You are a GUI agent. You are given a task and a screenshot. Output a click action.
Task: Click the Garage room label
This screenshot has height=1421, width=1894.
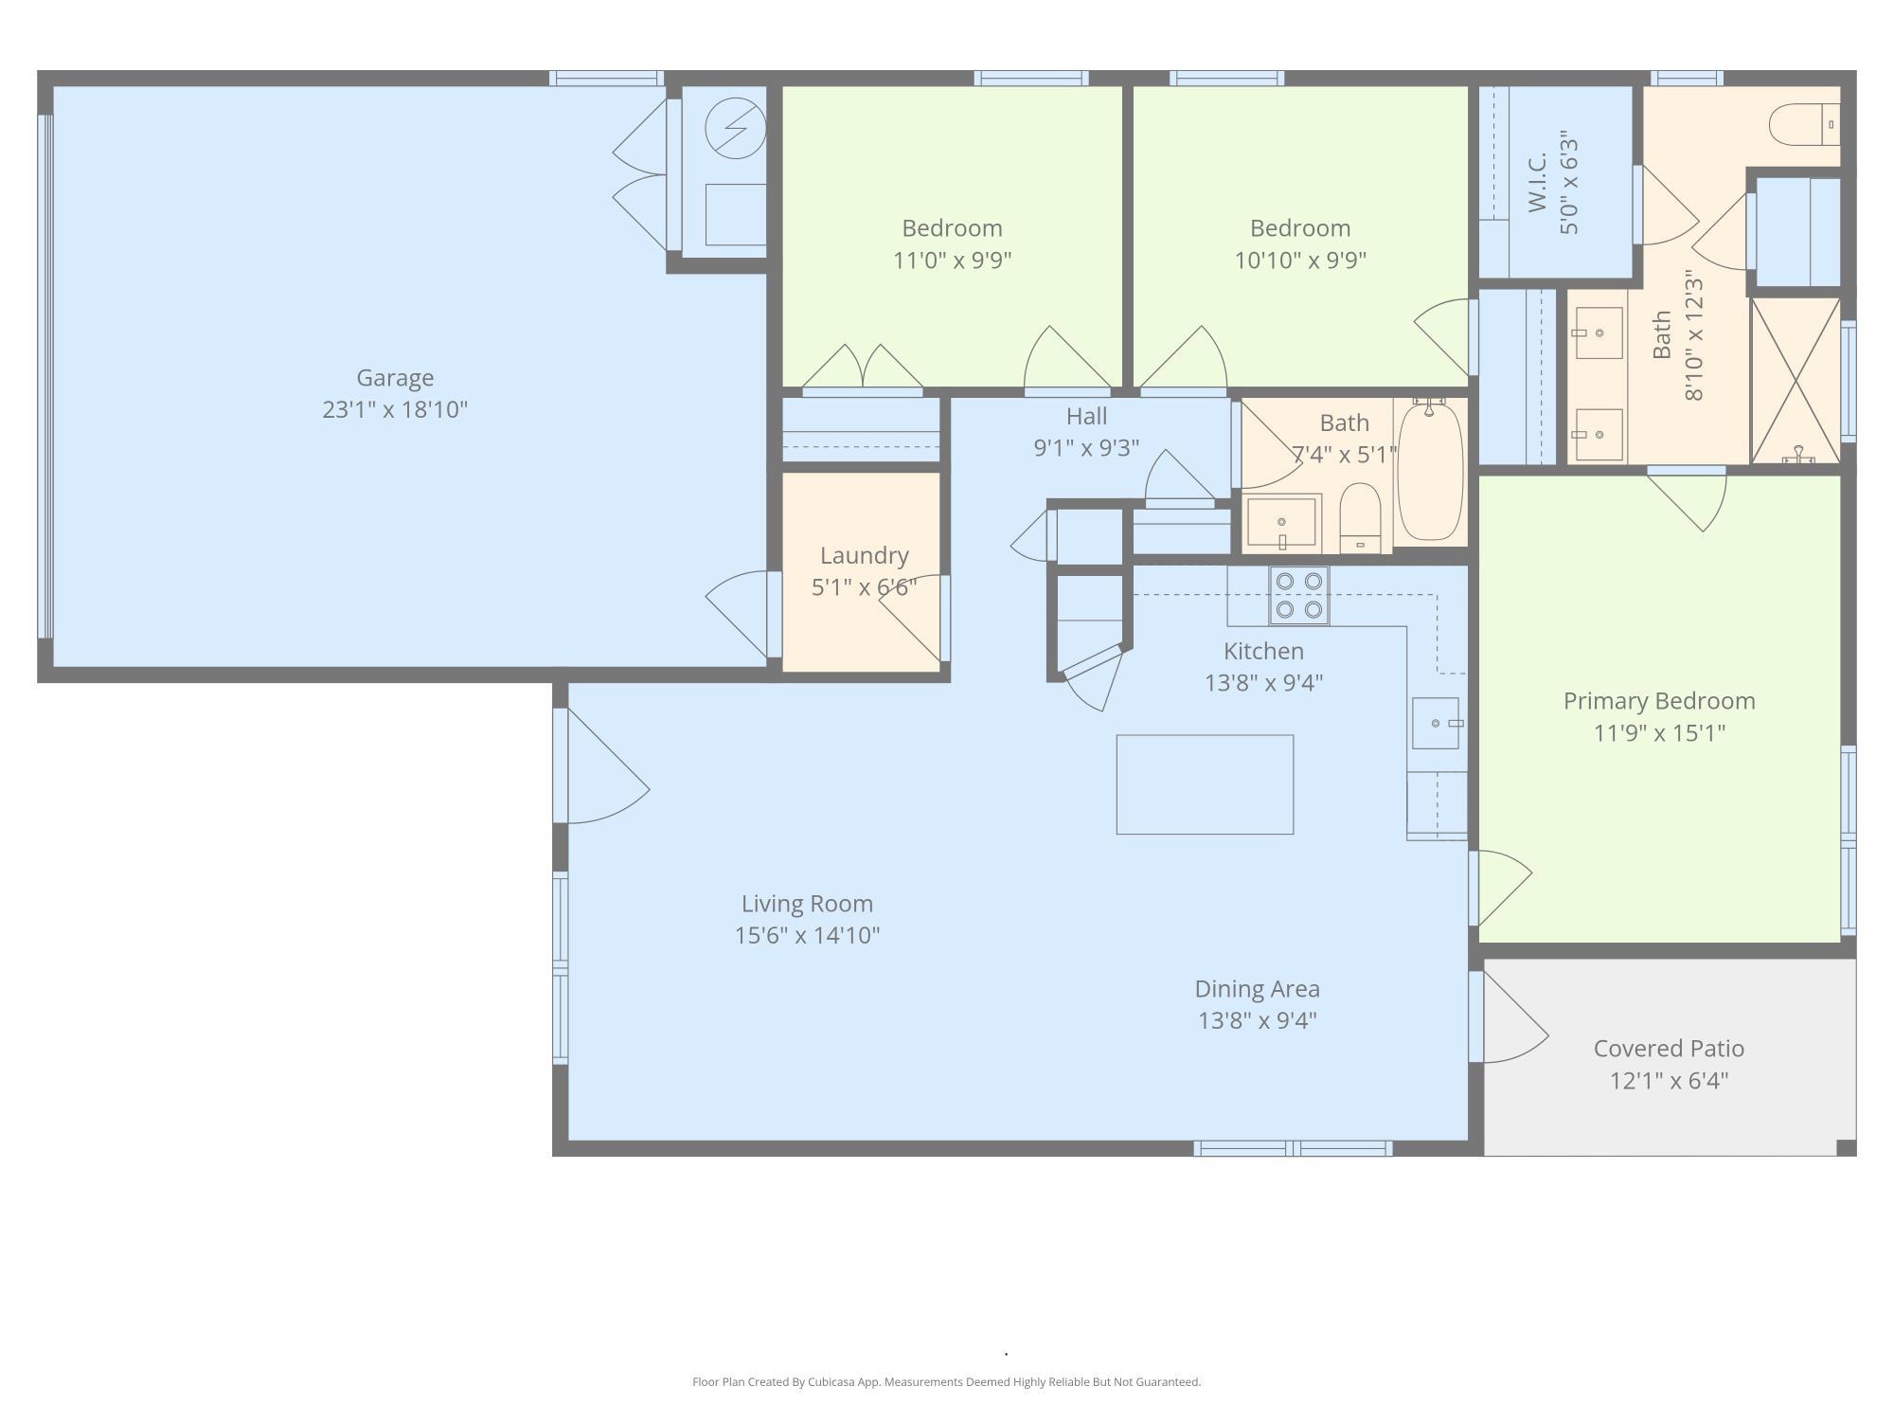tap(395, 378)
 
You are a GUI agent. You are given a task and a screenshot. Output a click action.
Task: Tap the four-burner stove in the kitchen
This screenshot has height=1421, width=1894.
tap(1299, 596)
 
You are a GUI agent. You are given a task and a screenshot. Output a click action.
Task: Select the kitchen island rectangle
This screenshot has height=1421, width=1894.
tap(1205, 784)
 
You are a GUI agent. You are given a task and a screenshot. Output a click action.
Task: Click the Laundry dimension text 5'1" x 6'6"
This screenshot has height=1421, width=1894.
tap(864, 587)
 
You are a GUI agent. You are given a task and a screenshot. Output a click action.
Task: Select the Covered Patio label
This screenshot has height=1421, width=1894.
tap(1669, 1049)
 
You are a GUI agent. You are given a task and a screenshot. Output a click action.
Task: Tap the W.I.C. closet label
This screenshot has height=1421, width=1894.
tap(1537, 182)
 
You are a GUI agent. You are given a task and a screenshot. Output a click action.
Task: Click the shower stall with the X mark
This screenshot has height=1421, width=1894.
tap(1796, 381)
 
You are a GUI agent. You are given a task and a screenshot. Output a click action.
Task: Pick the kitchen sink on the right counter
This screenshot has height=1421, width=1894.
tap(1436, 724)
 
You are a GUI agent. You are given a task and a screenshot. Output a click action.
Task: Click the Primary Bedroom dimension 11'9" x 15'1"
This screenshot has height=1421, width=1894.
tap(1659, 732)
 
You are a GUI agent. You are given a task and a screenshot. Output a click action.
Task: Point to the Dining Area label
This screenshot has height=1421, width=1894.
tap(1257, 989)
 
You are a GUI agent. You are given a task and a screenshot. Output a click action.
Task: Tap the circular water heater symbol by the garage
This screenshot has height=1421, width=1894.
tap(736, 129)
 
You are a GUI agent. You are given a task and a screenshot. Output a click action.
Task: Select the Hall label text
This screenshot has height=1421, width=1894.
tap(1086, 416)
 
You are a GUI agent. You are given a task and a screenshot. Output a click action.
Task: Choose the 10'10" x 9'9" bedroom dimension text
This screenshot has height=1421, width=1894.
tap(1300, 260)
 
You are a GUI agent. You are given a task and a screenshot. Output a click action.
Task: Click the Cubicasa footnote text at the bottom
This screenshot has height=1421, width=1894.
tap(946, 1382)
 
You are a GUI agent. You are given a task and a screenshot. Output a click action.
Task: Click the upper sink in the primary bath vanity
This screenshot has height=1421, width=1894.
tap(1599, 333)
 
